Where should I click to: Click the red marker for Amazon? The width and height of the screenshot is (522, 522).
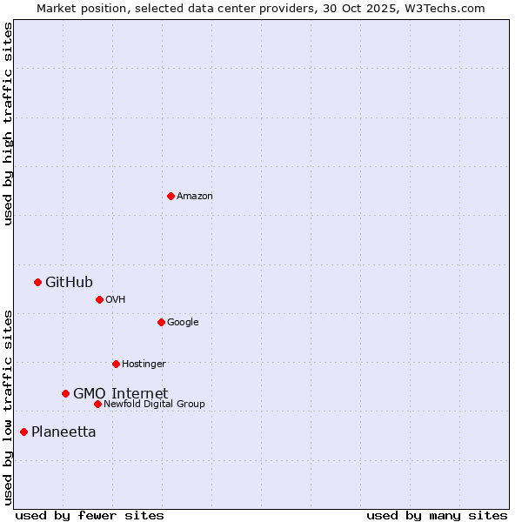coord(171,196)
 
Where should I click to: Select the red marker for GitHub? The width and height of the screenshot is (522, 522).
coord(37,282)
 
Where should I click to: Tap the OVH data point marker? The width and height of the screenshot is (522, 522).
coord(99,299)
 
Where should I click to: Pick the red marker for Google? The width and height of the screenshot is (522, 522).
coord(161,322)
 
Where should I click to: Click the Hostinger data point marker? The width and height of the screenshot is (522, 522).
coord(116,364)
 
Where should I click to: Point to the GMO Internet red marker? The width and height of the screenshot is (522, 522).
coord(65,393)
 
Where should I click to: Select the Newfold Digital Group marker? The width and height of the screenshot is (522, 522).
coord(97,404)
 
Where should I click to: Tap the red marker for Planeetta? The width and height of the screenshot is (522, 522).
coord(23,432)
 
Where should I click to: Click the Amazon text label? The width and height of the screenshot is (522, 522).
coord(195,197)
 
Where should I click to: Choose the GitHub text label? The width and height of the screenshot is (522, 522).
coord(69,282)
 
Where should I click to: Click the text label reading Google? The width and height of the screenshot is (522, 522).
coord(183,323)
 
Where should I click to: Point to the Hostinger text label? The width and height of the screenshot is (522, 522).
coord(144,365)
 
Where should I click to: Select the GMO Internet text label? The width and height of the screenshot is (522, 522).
coord(120,393)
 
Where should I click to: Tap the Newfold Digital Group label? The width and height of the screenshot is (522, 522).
coord(154,405)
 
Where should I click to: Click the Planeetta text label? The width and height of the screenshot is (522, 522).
coord(64,432)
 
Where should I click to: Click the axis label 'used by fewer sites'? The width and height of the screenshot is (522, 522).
coord(90,515)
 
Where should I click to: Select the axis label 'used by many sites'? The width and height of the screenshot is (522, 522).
coord(437,515)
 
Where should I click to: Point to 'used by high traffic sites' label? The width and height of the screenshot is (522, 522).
coord(8,124)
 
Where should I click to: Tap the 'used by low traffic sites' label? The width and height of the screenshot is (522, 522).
coord(8,407)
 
